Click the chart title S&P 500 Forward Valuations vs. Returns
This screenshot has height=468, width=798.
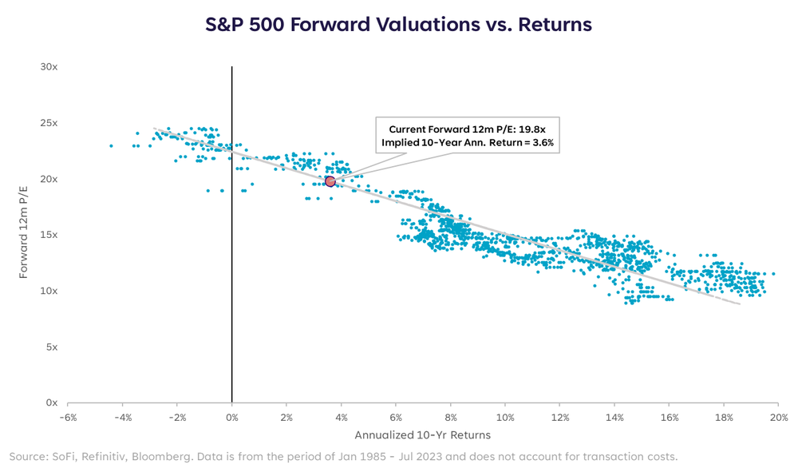tap(398, 25)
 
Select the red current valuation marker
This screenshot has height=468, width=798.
tap(330, 182)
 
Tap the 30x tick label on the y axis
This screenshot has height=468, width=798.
tap(49, 67)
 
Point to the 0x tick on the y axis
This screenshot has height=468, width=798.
tap(52, 403)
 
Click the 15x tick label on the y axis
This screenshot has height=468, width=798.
tap(49, 235)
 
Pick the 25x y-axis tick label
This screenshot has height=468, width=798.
tap(49, 123)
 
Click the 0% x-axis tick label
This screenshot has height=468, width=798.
tap(232, 418)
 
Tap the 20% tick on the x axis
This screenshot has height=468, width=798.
tap(779, 418)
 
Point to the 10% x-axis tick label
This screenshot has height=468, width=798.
tap(505, 418)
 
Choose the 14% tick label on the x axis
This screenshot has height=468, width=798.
tap(614, 418)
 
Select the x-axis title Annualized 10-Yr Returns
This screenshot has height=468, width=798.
tap(423, 435)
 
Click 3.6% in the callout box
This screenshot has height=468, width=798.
tap(539, 142)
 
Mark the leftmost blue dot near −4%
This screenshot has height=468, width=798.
tap(111, 145)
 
